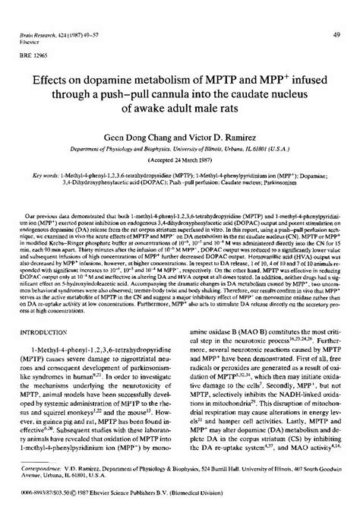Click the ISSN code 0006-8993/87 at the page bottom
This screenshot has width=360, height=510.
[x=39, y=497]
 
